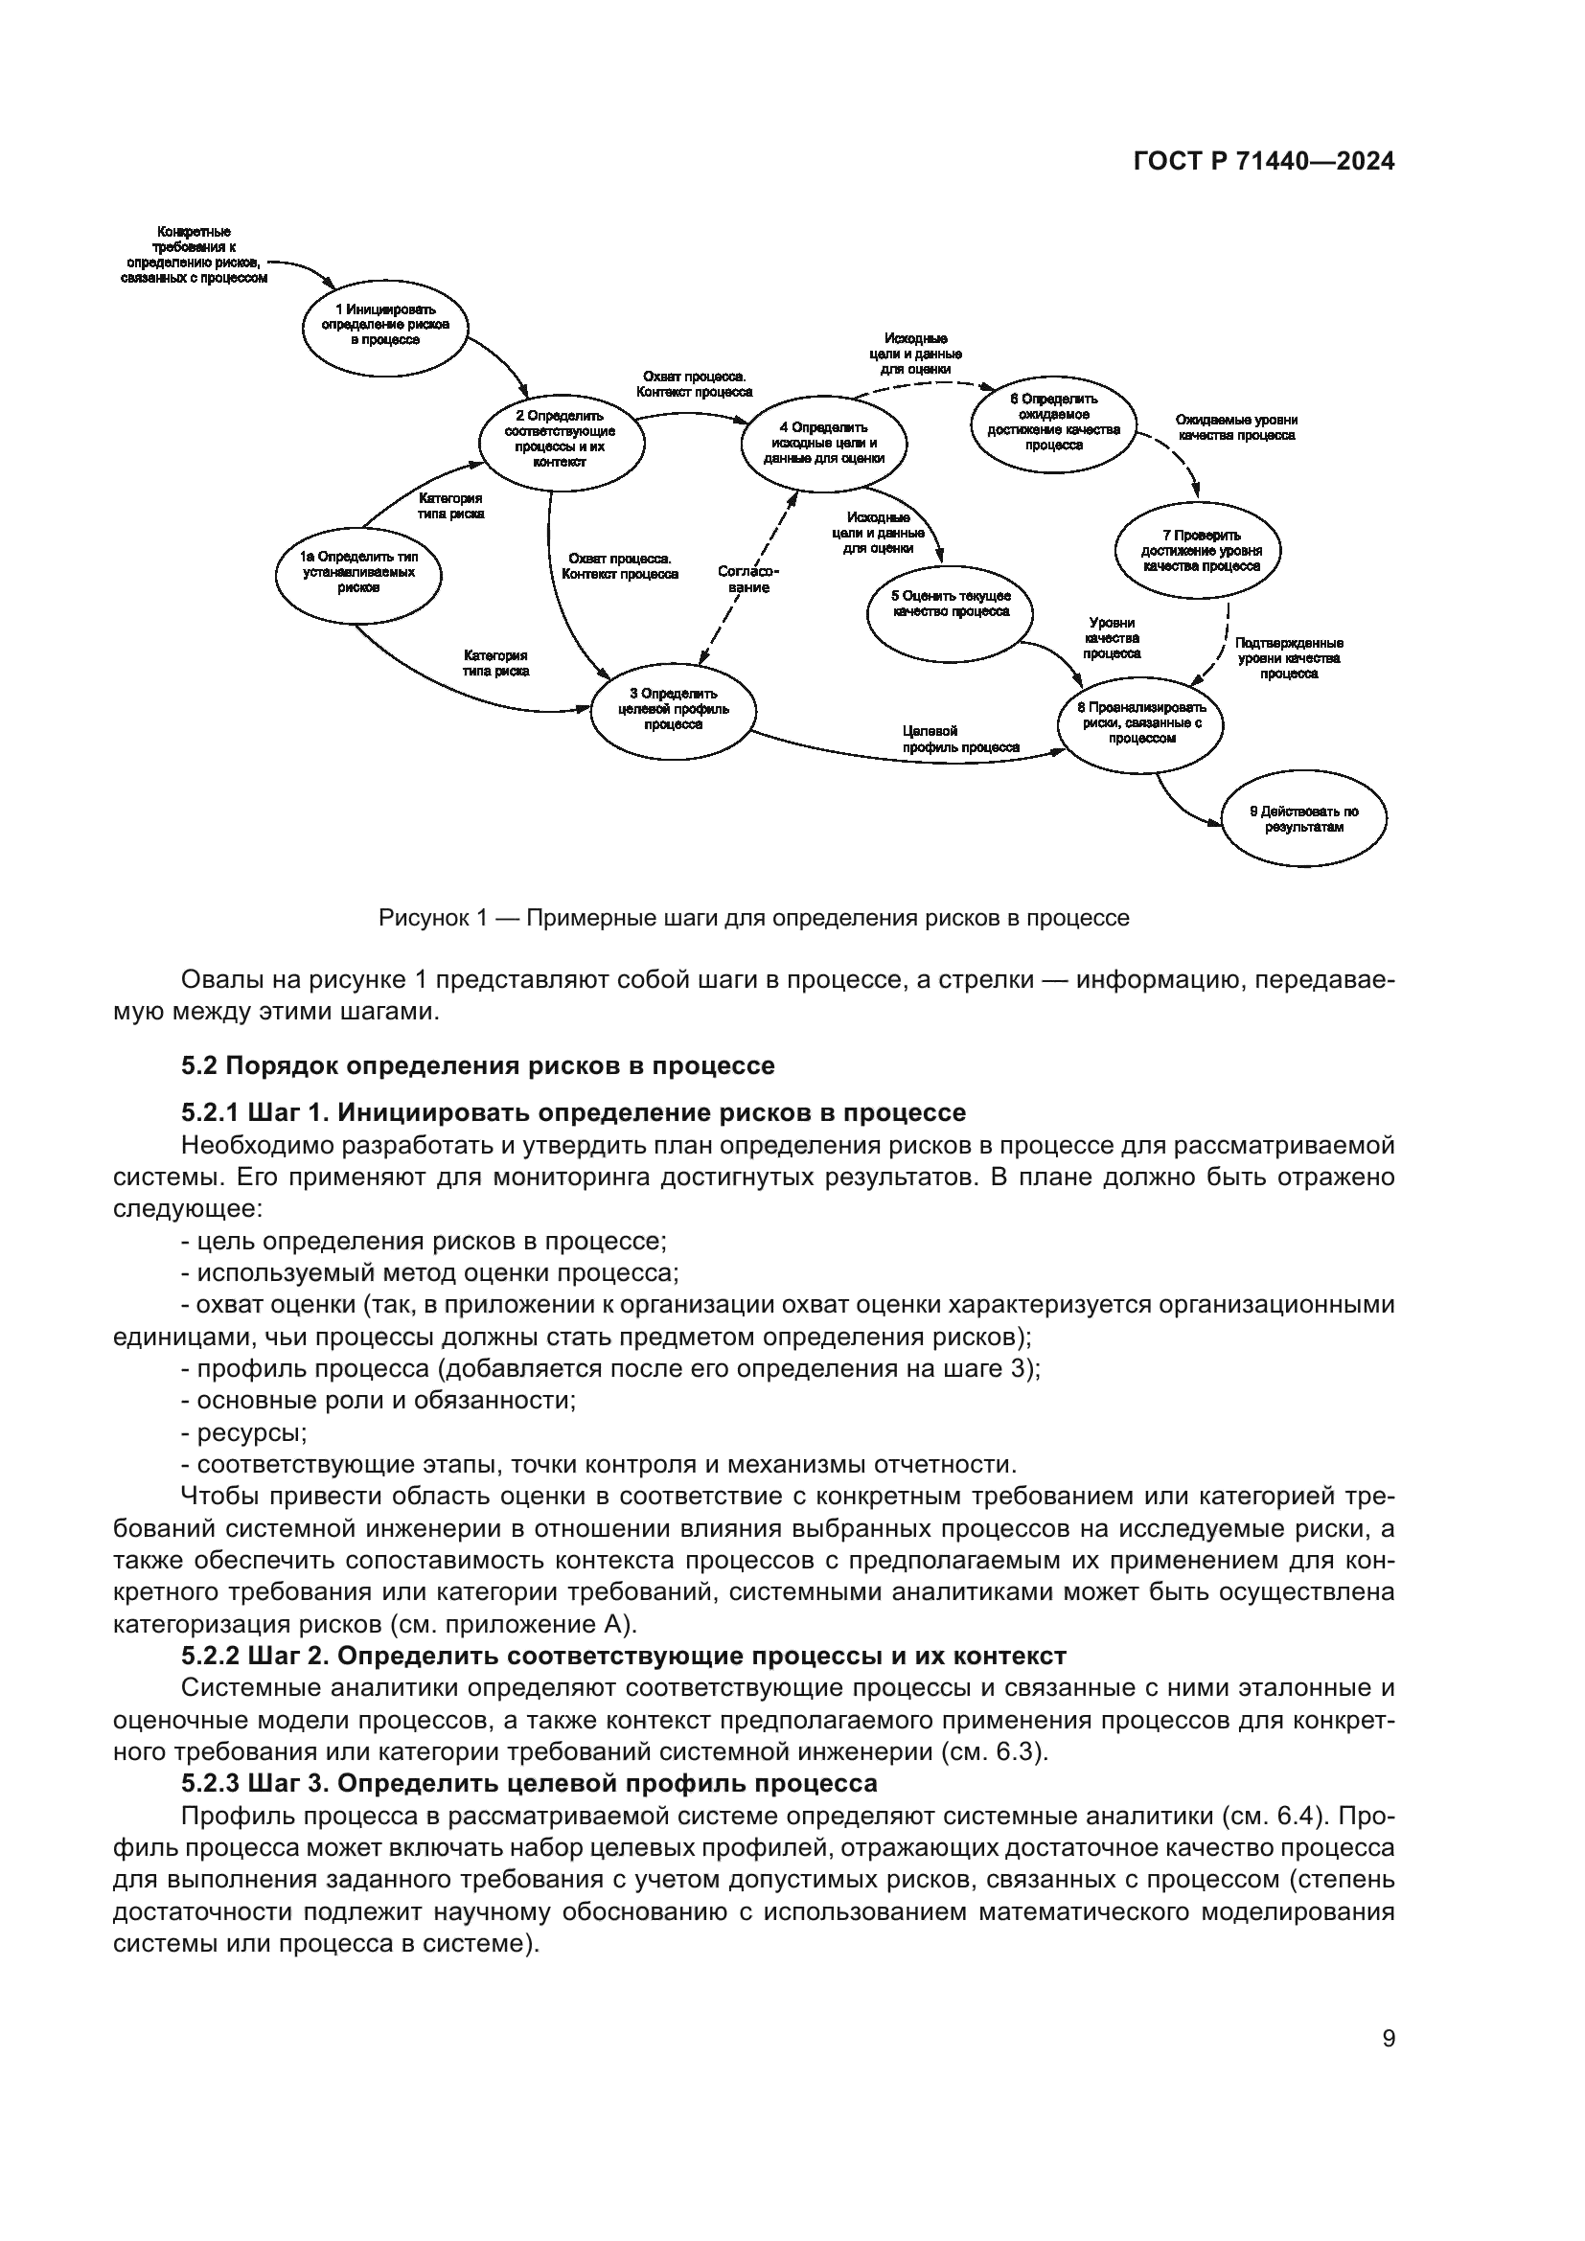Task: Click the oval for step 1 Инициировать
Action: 385,325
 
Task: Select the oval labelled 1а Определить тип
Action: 358,573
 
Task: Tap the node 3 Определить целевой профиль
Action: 674,710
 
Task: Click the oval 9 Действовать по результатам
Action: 1304,818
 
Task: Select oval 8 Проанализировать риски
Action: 1141,723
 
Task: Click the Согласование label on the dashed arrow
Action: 748,579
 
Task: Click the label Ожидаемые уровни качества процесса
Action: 1236,427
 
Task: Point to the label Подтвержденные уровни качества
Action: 1288,658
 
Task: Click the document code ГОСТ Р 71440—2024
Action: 1263,162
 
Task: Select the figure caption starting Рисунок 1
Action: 753,918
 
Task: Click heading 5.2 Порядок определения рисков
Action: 477,1064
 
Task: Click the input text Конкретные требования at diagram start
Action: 195,255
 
